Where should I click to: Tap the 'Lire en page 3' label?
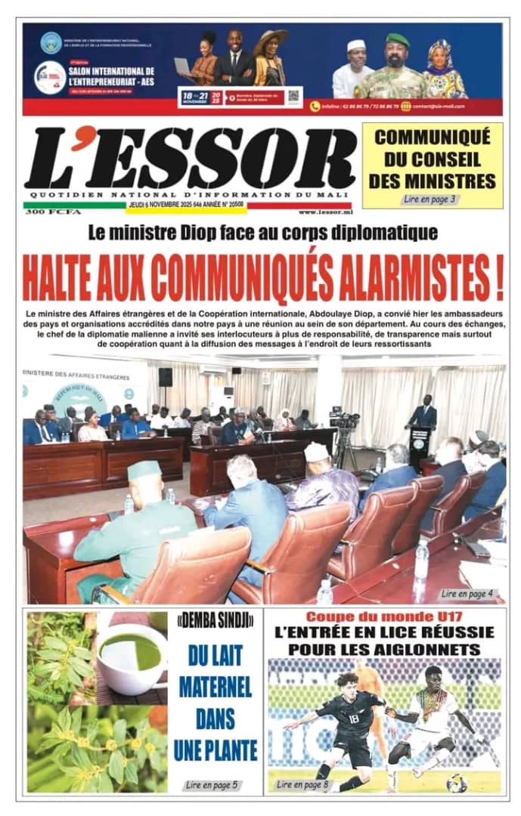click(430, 199)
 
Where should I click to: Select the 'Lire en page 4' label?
click(467, 594)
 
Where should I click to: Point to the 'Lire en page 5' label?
click(212, 785)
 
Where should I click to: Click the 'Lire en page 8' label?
click(302, 785)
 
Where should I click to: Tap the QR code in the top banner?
click(293, 96)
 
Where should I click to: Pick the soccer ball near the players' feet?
click(456, 783)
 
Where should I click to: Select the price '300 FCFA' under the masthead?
click(43, 212)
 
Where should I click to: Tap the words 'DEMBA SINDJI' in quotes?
click(216, 622)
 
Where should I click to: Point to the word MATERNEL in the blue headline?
click(216, 691)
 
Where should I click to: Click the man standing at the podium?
click(423, 414)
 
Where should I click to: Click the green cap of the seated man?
click(144, 470)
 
